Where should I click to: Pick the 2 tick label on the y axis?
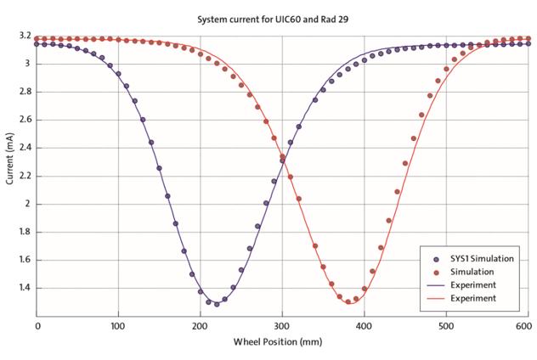27,204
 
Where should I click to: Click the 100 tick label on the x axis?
118,326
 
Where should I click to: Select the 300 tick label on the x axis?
282,326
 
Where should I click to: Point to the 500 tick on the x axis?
445,326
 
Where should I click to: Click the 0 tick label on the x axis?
37,326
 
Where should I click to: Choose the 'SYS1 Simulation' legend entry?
476,258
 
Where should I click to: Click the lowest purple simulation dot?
217,303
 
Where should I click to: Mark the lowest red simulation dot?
348,301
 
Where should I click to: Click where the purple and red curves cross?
281,156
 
